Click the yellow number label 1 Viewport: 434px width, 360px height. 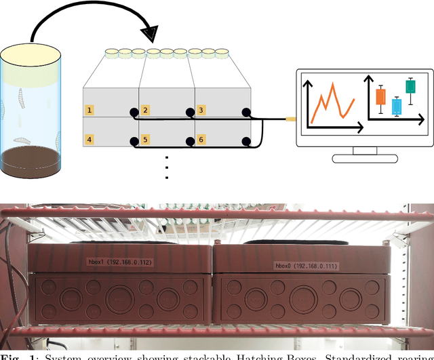tap(89, 110)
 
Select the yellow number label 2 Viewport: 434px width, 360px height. tap(145, 110)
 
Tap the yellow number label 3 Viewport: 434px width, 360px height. tap(201, 110)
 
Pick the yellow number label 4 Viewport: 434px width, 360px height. tap(89, 140)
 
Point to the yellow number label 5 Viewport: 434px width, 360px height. tap(145, 140)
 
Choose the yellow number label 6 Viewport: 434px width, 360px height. tap(201, 140)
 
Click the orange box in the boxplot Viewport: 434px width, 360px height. tap(380, 96)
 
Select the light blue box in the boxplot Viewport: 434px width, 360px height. tap(397, 106)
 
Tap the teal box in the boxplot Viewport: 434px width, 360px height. tap(410, 86)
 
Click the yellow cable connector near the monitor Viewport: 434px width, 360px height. tap(290, 119)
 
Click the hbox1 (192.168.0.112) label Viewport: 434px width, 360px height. tap(119, 260)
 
